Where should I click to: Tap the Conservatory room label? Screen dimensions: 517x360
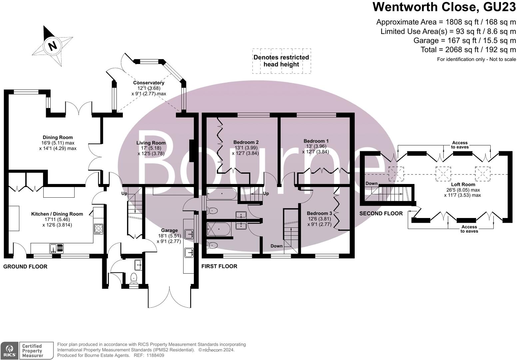click(149, 83)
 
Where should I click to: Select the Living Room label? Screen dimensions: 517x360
click(151, 143)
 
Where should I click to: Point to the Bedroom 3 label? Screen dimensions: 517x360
click(319, 213)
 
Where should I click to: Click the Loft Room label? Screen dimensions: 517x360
click(463, 185)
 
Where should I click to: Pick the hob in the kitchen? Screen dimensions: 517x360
click(99, 229)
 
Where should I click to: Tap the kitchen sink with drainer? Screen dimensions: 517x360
click(57, 248)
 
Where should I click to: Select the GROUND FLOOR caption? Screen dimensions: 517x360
click(25, 266)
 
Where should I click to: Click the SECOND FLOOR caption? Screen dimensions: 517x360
click(381, 213)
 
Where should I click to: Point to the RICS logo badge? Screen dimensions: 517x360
click(9, 351)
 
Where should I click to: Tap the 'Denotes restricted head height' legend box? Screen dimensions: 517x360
click(281, 61)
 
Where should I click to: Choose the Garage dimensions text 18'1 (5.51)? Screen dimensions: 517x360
click(170, 236)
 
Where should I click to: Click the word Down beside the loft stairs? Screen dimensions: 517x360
click(371, 183)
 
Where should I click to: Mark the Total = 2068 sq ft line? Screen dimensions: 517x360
click(468, 50)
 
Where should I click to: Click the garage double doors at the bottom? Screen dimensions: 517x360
click(170, 298)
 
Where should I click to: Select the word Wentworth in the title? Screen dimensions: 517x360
click(405, 7)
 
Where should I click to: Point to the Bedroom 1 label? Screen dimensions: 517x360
click(316, 141)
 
